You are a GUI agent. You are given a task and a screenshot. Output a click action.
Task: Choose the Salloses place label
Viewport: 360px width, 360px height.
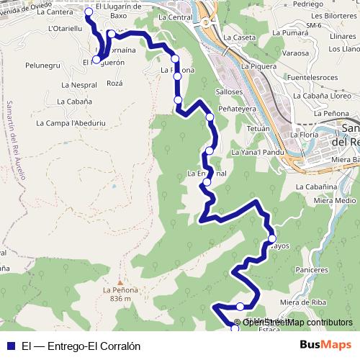coord(228,92)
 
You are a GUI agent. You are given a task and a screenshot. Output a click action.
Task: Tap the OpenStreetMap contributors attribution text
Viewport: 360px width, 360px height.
coord(298,323)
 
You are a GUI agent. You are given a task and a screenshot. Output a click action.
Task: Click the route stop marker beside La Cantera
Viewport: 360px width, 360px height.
coord(89,12)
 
